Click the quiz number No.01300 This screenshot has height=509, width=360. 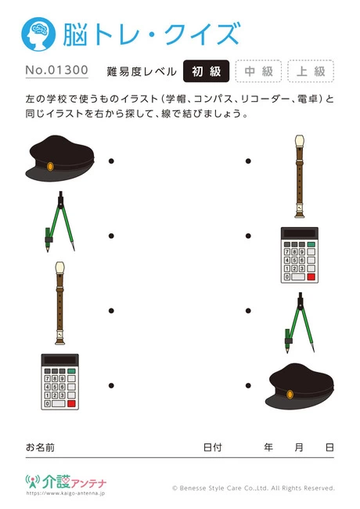tap(56, 71)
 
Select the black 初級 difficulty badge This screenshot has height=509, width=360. tap(206, 71)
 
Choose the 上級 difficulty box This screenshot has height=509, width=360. tap(310, 71)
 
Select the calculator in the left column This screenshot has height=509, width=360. tap(60, 381)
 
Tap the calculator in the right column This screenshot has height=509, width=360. tap(299, 255)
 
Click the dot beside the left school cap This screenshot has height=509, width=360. tap(111, 161)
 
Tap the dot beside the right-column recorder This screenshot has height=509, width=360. tap(248, 161)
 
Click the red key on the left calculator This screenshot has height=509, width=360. tap(72, 405)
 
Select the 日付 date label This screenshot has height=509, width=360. tap(212, 447)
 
